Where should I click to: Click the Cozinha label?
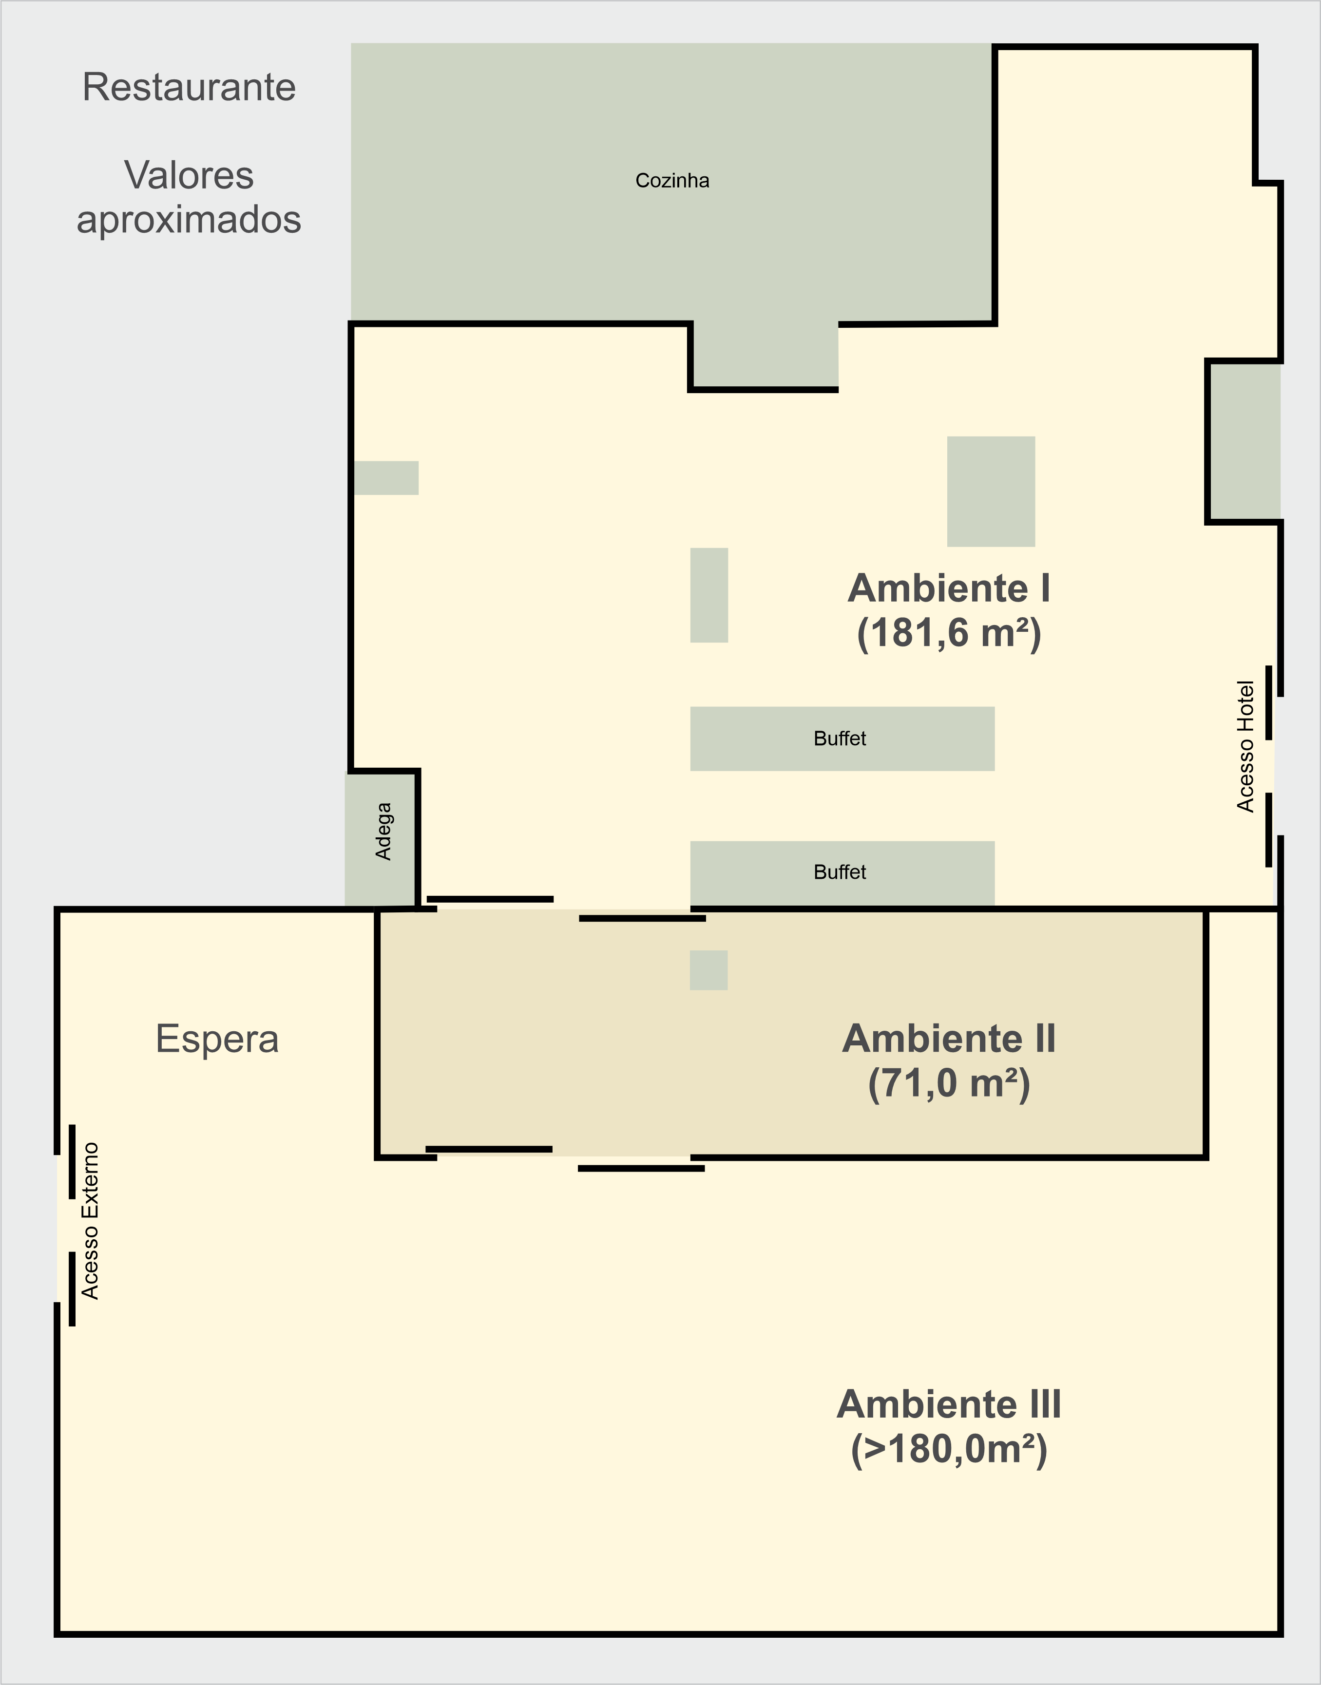pos(672,180)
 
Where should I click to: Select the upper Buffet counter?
pos(842,738)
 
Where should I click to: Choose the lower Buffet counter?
pos(842,873)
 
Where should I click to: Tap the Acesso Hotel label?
pos(1245,746)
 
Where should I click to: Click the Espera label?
pos(217,1039)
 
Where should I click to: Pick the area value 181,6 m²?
pos(949,633)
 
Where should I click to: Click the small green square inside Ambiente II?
pos(708,970)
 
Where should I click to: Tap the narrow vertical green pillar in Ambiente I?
pos(709,595)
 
